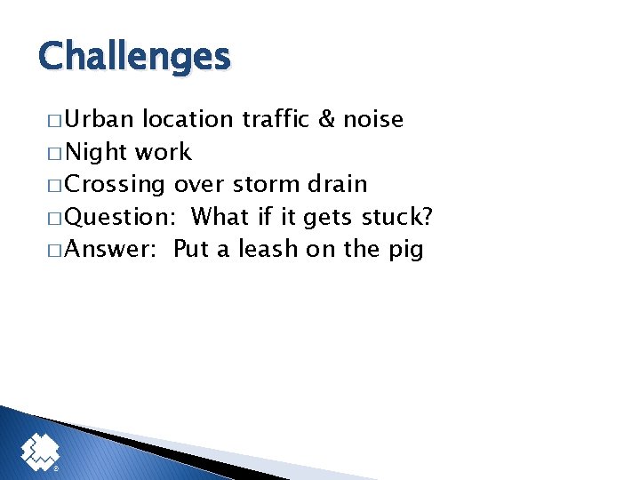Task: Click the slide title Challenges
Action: [134, 57]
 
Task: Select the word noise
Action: [374, 119]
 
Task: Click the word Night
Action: [97, 152]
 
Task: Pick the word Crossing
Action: [116, 185]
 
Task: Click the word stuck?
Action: [396, 217]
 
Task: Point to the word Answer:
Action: [111, 249]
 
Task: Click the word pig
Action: [405, 250]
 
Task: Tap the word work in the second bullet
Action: [163, 152]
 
